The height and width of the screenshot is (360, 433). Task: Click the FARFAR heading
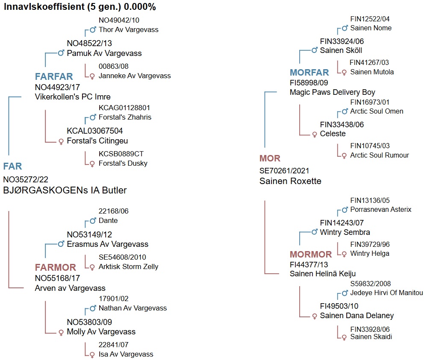tap(54, 76)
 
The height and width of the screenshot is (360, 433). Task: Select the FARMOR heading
tap(55, 268)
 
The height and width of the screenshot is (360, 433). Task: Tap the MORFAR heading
tap(309, 73)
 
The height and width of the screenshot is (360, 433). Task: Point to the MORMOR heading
tap(311, 255)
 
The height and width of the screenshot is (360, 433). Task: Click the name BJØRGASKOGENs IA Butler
tap(65, 190)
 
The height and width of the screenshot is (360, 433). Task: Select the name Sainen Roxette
tap(290, 181)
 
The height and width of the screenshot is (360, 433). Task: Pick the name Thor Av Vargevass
tap(128, 30)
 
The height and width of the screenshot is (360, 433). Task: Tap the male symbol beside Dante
tap(92, 221)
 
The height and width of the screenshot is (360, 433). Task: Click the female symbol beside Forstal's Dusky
tap(92, 164)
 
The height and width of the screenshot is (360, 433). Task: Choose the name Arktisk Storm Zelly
tap(128, 267)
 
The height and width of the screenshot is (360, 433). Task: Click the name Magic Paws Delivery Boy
tap(332, 92)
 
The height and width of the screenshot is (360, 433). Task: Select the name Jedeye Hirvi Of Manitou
tap(386, 293)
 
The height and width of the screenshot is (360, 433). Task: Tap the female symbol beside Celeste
tap(315, 135)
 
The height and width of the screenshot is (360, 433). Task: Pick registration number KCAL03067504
tap(95, 131)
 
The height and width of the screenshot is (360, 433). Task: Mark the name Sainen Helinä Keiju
tap(323, 274)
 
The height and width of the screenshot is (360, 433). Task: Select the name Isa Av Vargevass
tap(126, 354)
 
